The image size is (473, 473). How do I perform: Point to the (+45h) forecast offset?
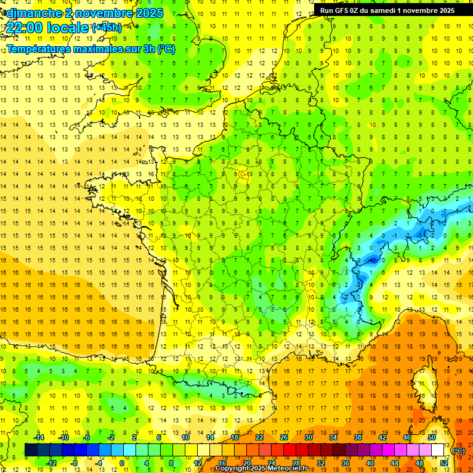[x=107, y=28]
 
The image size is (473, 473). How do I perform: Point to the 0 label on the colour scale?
[x=122, y=463]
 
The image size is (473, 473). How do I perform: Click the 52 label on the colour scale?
[x=443, y=463]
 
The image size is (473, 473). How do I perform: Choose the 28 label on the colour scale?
[x=295, y=463]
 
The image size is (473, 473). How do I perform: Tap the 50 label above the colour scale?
[x=431, y=437]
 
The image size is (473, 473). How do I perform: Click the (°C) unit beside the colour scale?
[x=459, y=451]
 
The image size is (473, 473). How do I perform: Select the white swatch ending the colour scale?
[x=437, y=450]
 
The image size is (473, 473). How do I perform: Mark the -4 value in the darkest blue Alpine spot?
[x=372, y=261]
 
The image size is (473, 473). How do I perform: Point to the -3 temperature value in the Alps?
[x=419, y=235]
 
